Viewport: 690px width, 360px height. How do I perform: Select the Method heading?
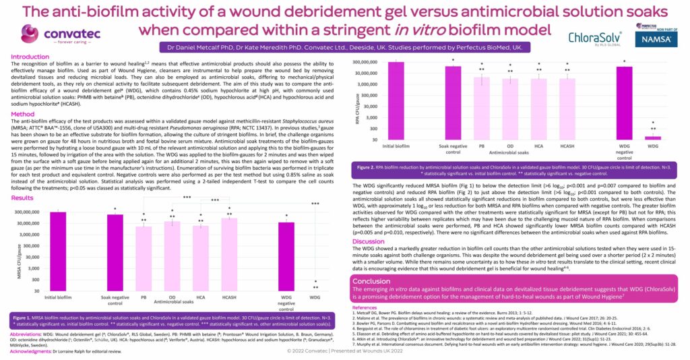pos(23,114)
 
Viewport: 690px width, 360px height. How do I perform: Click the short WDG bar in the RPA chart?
pos(652,138)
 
